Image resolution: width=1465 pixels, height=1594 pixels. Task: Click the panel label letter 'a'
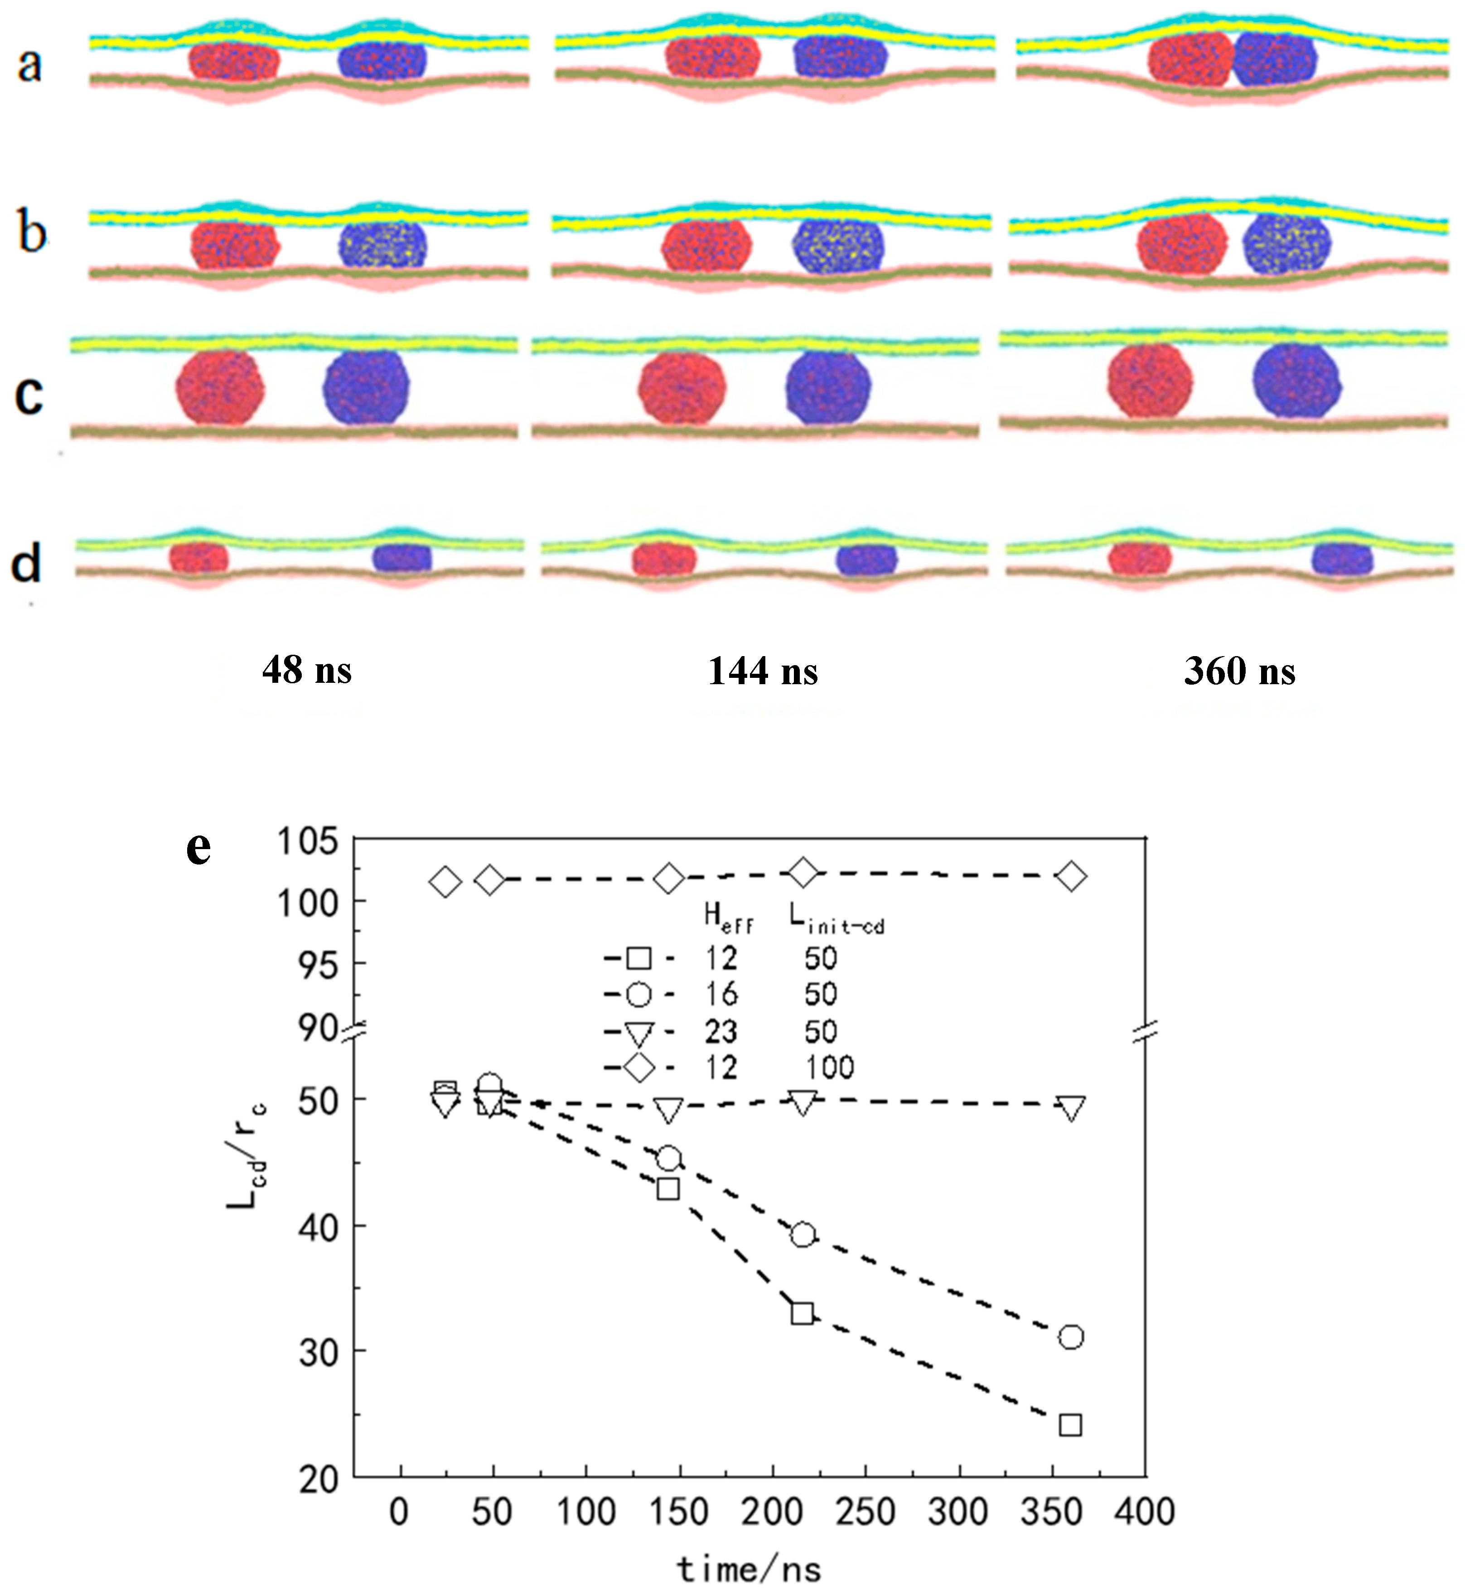(x=29, y=65)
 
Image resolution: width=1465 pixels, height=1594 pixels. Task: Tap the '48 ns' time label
(x=307, y=670)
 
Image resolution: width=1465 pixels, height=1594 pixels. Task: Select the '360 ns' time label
(x=1239, y=671)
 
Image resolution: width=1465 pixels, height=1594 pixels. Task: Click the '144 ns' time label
(x=763, y=671)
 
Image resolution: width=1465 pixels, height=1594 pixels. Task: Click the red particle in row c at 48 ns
(x=220, y=387)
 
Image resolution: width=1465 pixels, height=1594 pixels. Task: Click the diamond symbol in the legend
(x=639, y=1067)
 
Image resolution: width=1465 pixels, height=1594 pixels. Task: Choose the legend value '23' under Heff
(x=720, y=1031)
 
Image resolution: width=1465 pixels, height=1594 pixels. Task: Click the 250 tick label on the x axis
(x=865, y=1512)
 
